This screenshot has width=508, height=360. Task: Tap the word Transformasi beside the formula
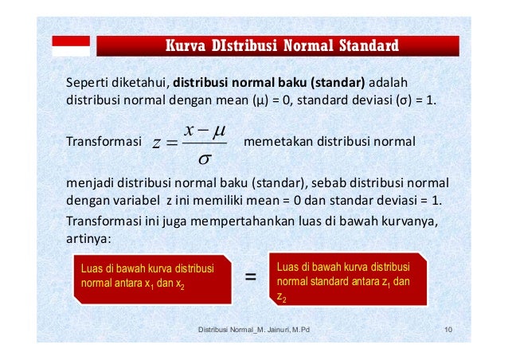(x=103, y=143)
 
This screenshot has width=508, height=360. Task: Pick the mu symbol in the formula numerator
(x=219, y=128)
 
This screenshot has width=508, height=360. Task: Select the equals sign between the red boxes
(x=251, y=277)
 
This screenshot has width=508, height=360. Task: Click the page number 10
(x=449, y=329)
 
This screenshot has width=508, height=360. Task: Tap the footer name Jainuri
(x=272, y=329)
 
